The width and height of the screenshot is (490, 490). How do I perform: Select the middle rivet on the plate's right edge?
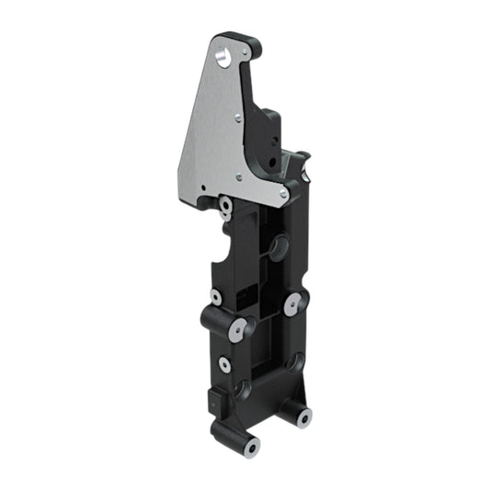[238, 117]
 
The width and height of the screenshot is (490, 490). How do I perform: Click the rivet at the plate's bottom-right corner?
[284, 194]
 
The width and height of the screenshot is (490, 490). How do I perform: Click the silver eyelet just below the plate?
[225, 203]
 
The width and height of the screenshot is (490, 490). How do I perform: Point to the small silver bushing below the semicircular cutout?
[216, 297]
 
